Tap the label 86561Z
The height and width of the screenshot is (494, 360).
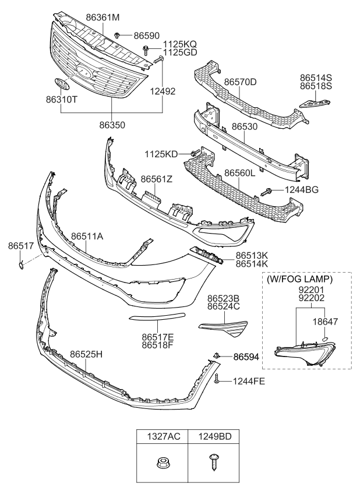coord(156,179)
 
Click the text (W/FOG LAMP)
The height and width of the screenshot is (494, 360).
coord(300,279)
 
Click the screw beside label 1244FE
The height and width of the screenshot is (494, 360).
coord(216,380)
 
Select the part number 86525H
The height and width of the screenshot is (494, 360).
coord(86,354)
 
